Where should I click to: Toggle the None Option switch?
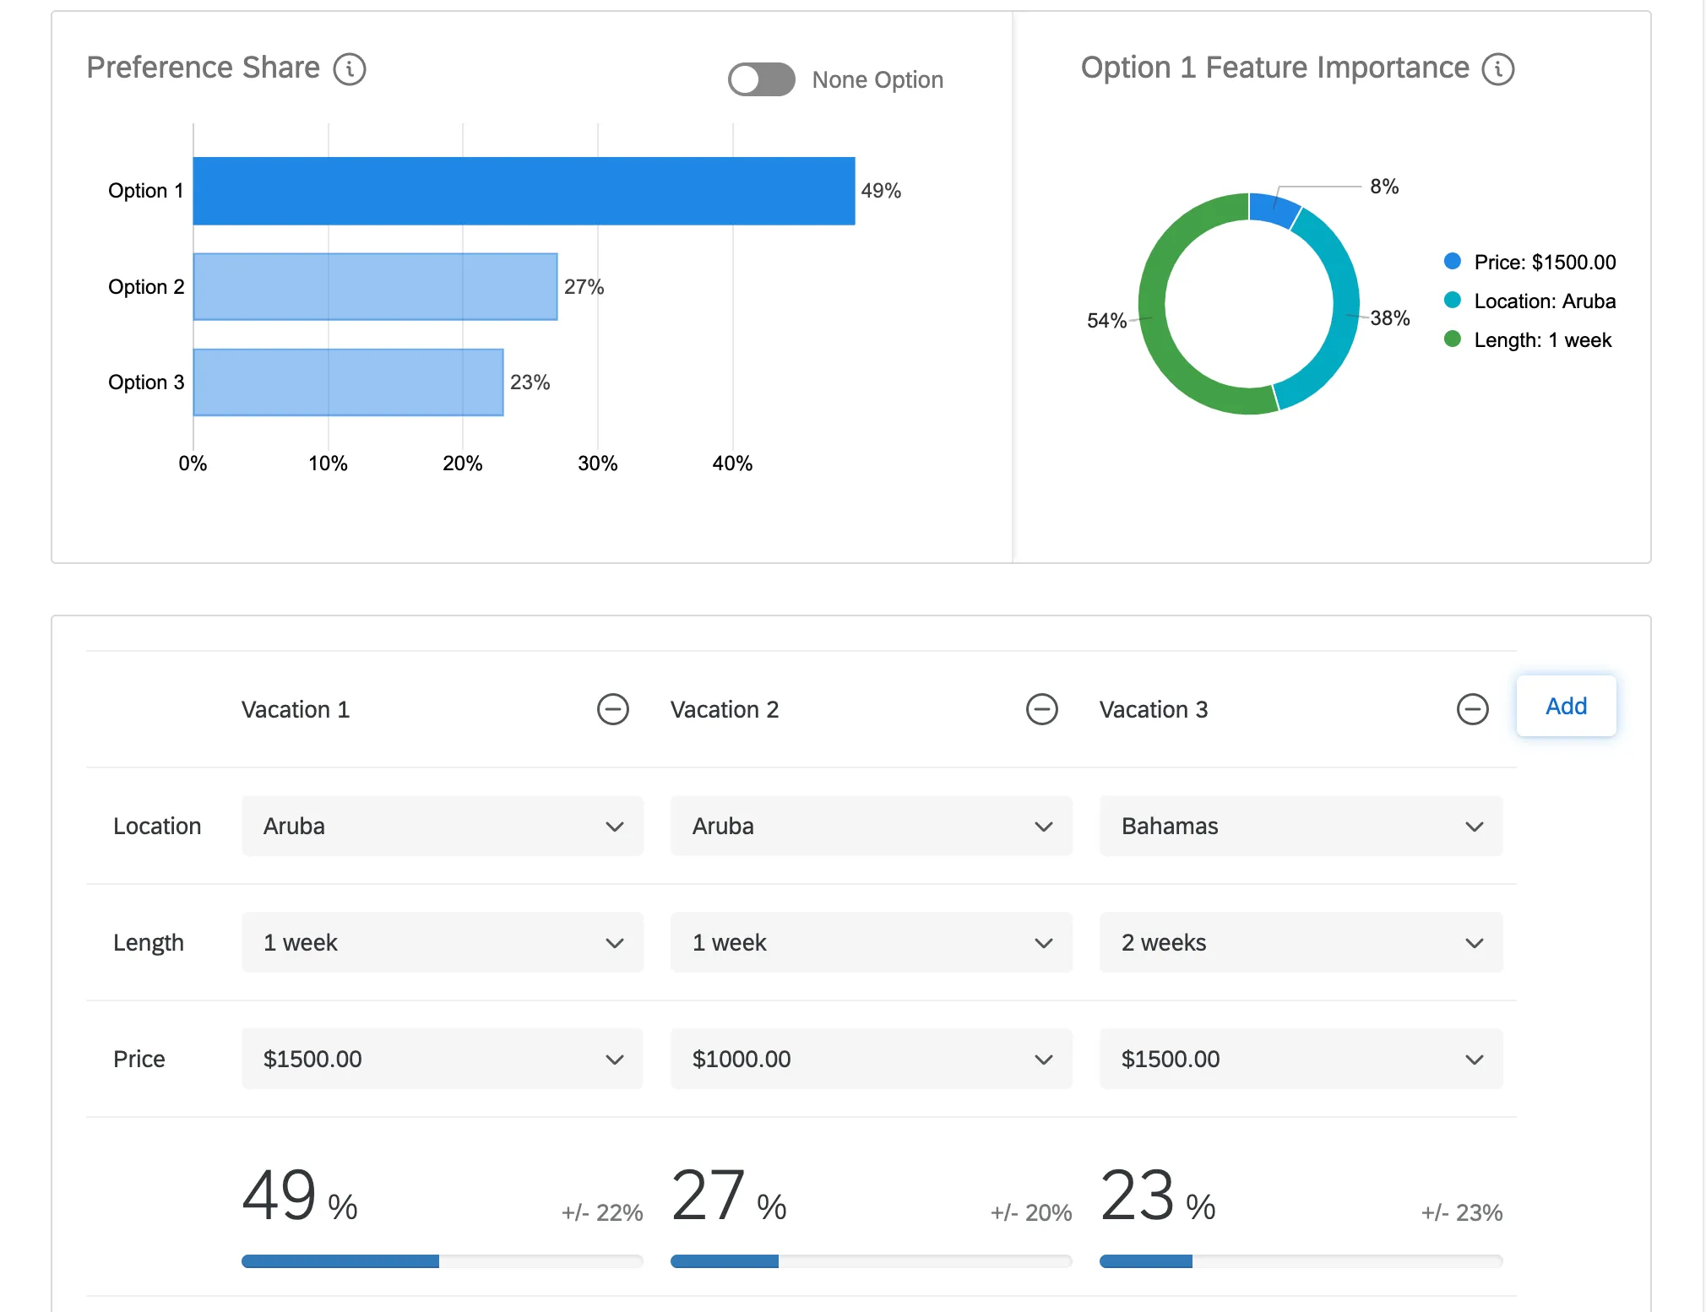pyautogui.click(x=761, y=79)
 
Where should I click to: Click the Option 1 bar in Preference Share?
pyautogui.click(x=524, y=191)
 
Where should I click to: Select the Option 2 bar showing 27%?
pyautogui.click(x=375, y=287)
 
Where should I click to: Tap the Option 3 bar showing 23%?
pyautogui.click(x=348, y=382)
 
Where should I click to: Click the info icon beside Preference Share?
pyautogui.click(x=350, y=69)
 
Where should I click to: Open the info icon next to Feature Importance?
pyautogui.click(x=1498, y=69)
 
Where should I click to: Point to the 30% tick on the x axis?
pyautogui.click(x=597, y=464)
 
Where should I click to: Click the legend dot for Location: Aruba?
pyautogui.click(x=1453, y=301)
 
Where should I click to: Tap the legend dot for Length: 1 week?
pyautogui.click(x=1453, y=339)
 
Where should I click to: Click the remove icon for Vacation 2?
pyautogui.click(x=1041, y=709)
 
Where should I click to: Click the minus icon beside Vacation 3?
pyautogui.click(x=1472, y=709)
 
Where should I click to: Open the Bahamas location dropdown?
pyautogui.click(x=1301, y=826)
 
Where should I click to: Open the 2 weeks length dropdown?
pyautogui.click(x=1301, y=942)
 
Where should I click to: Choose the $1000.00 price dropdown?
pyautogui.click(x=871, y=1059)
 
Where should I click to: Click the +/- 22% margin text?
pyautogui.click(x=602, y=1213)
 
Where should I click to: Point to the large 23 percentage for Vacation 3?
pyautogui.click(x=1138, y=1195)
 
